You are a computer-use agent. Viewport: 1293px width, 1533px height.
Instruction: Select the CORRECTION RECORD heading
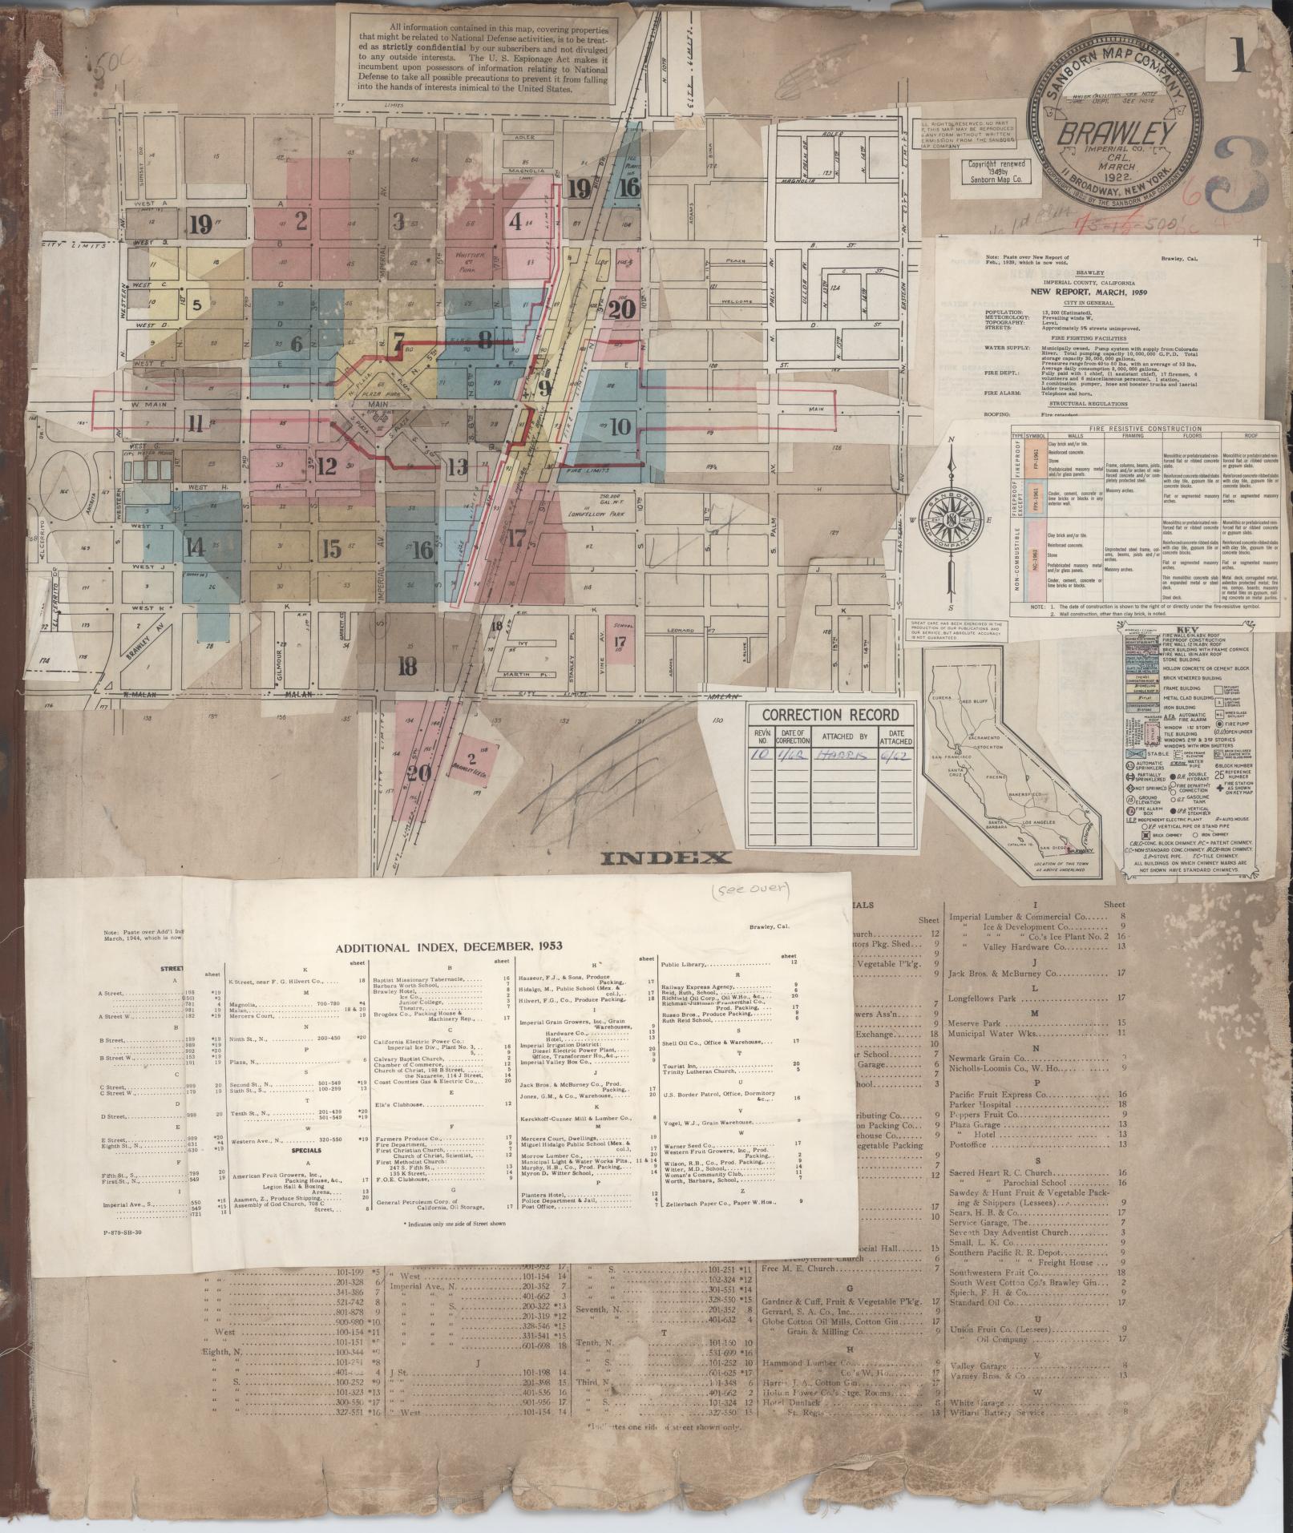pyautogui.click(x=830, y=715)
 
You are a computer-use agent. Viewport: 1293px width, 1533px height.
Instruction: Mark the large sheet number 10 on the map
pyautogui.click(x=620, y=426)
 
